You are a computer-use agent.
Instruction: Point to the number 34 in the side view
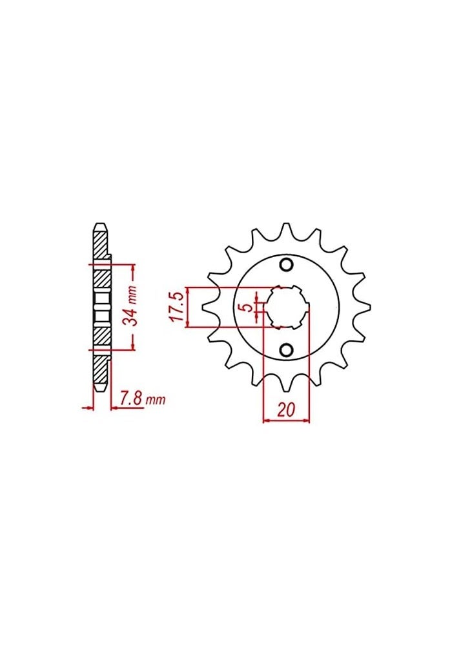[138, 317]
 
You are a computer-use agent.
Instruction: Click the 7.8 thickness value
[132, 401]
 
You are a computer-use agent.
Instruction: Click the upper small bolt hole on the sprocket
[287, 264]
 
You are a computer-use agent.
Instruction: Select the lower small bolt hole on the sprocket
[287, 349]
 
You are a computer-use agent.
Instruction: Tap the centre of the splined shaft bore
[287, 307]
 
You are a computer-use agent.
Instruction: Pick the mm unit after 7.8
[156, 401]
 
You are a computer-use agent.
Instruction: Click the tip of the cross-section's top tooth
[99, 225]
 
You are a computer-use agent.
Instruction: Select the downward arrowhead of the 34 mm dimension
[132, 347]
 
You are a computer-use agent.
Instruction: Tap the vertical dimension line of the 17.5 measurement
[188, 307]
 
